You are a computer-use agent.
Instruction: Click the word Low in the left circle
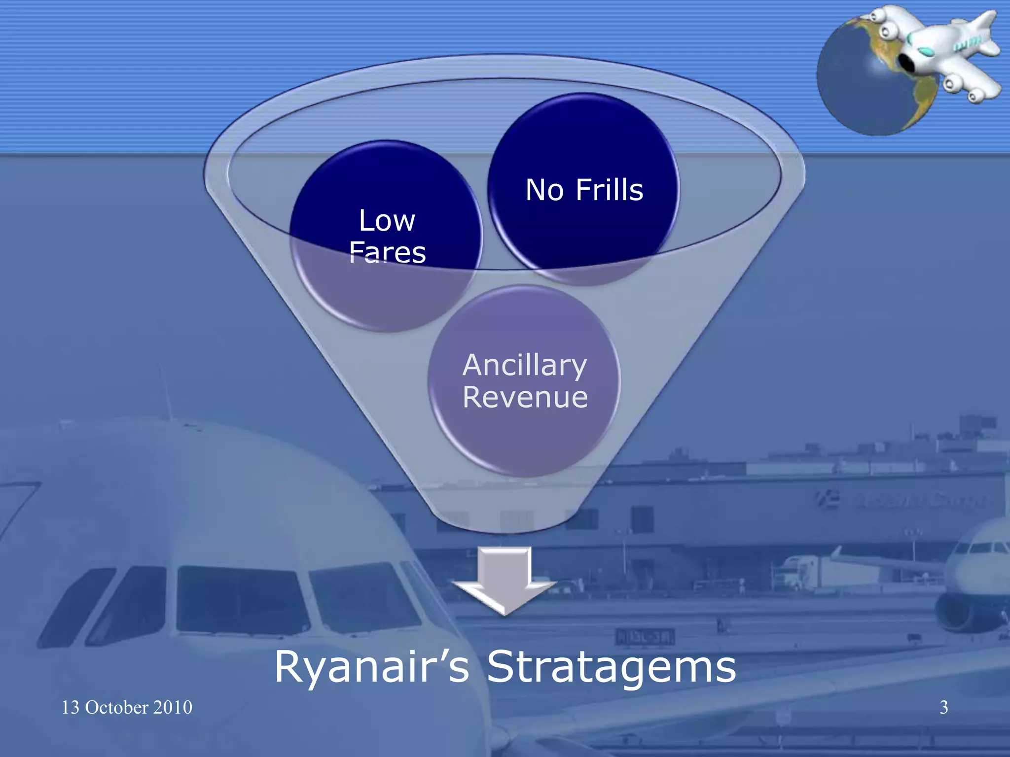[x=387, y=220]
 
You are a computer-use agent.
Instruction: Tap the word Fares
[x=387, y=252]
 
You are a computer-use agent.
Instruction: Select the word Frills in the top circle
[x=610, y=190]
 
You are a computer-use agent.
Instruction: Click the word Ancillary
[x=525, y=366]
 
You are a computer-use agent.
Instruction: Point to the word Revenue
[x=525, y=397]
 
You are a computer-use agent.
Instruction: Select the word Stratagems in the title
[x=611, y=667]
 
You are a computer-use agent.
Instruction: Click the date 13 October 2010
[x=127, y=707]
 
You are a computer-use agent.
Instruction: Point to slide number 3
[x=943, y=707]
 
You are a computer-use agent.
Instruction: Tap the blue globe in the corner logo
[x=858, y=89]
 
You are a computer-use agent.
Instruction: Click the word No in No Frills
[x=544, y=190]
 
